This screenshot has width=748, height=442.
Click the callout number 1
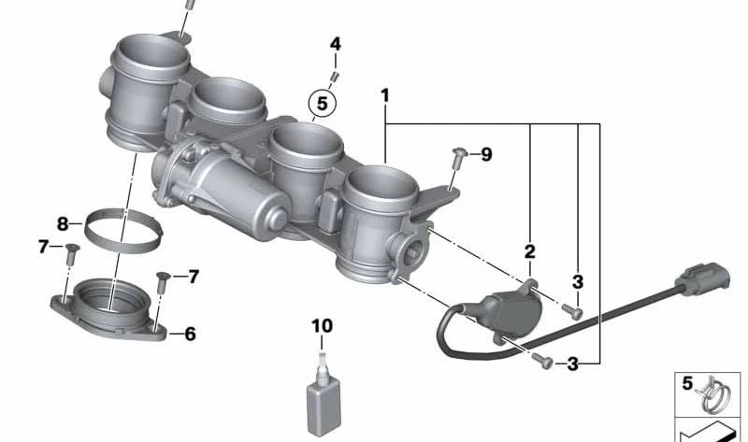(383, 95)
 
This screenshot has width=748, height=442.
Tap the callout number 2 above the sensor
(529, 251)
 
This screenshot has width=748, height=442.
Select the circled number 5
(321, 103)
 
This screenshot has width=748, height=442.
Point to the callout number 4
(335, 44)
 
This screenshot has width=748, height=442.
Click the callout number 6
(190, 333)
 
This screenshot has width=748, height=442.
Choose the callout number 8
(64, 224)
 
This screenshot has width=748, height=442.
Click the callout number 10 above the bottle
(322, 326)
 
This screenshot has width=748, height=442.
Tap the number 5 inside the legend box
(686, 383)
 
